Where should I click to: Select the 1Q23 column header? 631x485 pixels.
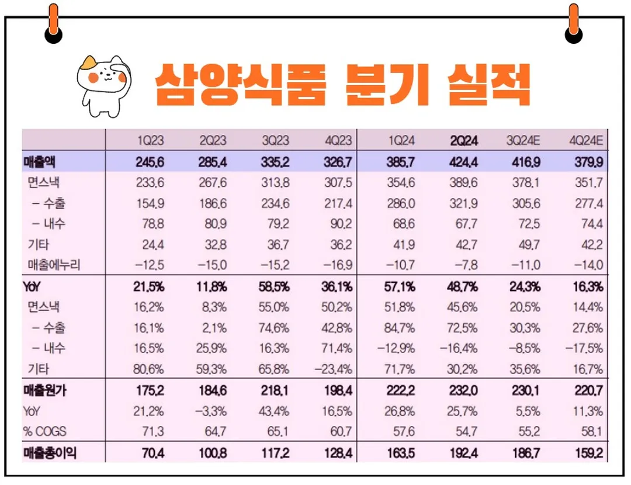151,141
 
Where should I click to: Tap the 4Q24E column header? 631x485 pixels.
585,141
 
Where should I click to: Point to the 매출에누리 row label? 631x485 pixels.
54,265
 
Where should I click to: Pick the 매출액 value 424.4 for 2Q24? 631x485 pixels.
463,161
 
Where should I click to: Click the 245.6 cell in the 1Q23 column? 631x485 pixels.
151,161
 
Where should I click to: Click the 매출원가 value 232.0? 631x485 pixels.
463,391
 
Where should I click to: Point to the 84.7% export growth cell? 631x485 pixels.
401,328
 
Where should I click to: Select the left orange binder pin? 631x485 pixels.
54,23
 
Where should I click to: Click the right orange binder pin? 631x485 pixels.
574,23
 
